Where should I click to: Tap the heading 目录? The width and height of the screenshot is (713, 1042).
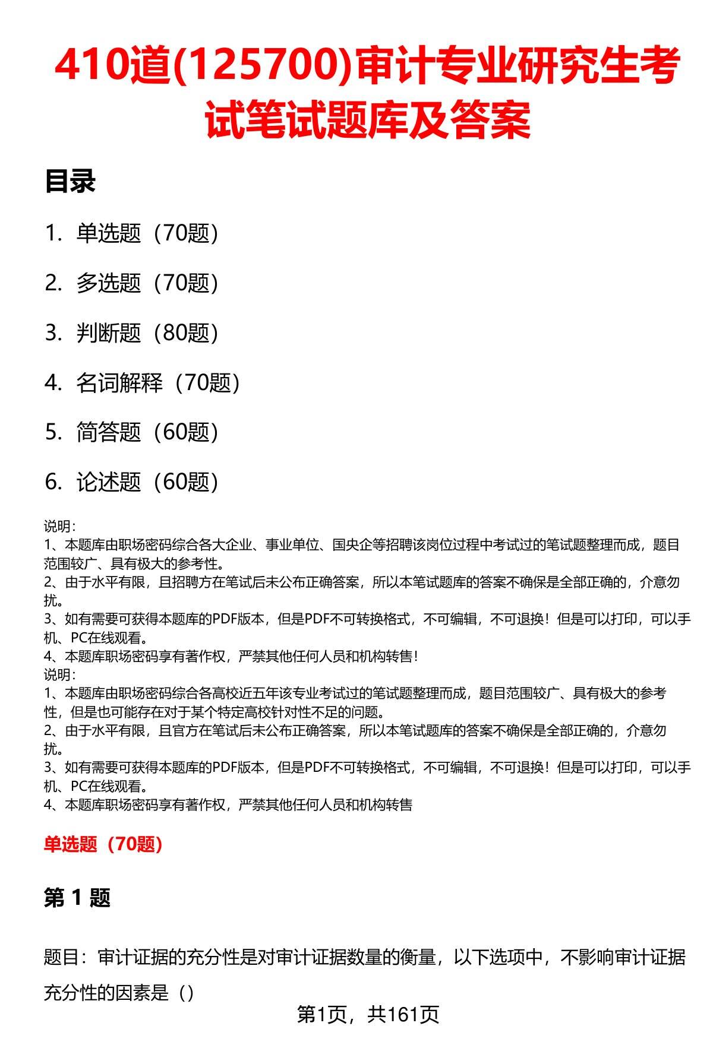(x=70, y=182)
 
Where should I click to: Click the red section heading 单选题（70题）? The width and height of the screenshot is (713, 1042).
(x=103, y=844)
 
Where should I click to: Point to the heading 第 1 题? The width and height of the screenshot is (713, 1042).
(x=77, y=898)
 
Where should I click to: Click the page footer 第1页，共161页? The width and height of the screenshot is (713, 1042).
(x=368, y=1014)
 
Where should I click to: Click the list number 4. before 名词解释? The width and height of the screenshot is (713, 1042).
(x=53, y=383)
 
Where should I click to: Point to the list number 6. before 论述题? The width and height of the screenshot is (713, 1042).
(x=53, y=482)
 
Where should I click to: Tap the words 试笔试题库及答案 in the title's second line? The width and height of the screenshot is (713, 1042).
(x=368, y=119)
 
